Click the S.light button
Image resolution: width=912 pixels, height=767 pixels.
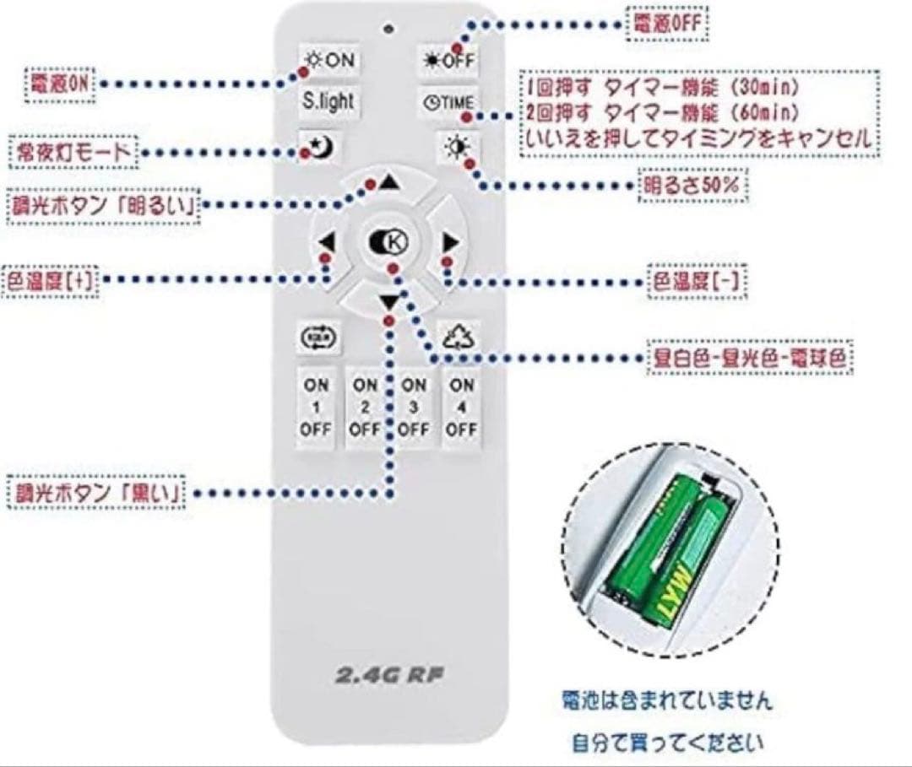coord(328,101)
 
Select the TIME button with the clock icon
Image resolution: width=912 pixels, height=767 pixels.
coord(448,102)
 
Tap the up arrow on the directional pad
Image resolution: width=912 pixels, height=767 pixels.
coord(388,182)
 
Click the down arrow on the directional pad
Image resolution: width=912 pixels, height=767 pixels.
coord(388,302)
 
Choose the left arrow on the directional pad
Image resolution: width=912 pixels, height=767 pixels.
coord(328,243)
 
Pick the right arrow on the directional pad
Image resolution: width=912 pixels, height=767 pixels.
coord(450,243)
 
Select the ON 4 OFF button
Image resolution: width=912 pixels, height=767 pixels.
coord(461,407)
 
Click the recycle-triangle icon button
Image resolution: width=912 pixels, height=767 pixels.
coord(460,338)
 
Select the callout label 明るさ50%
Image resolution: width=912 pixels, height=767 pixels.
coord(692,186)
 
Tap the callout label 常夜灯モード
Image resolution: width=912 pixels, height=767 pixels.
coord(74,153)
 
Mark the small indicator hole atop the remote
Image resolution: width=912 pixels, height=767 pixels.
coord(388,28)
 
